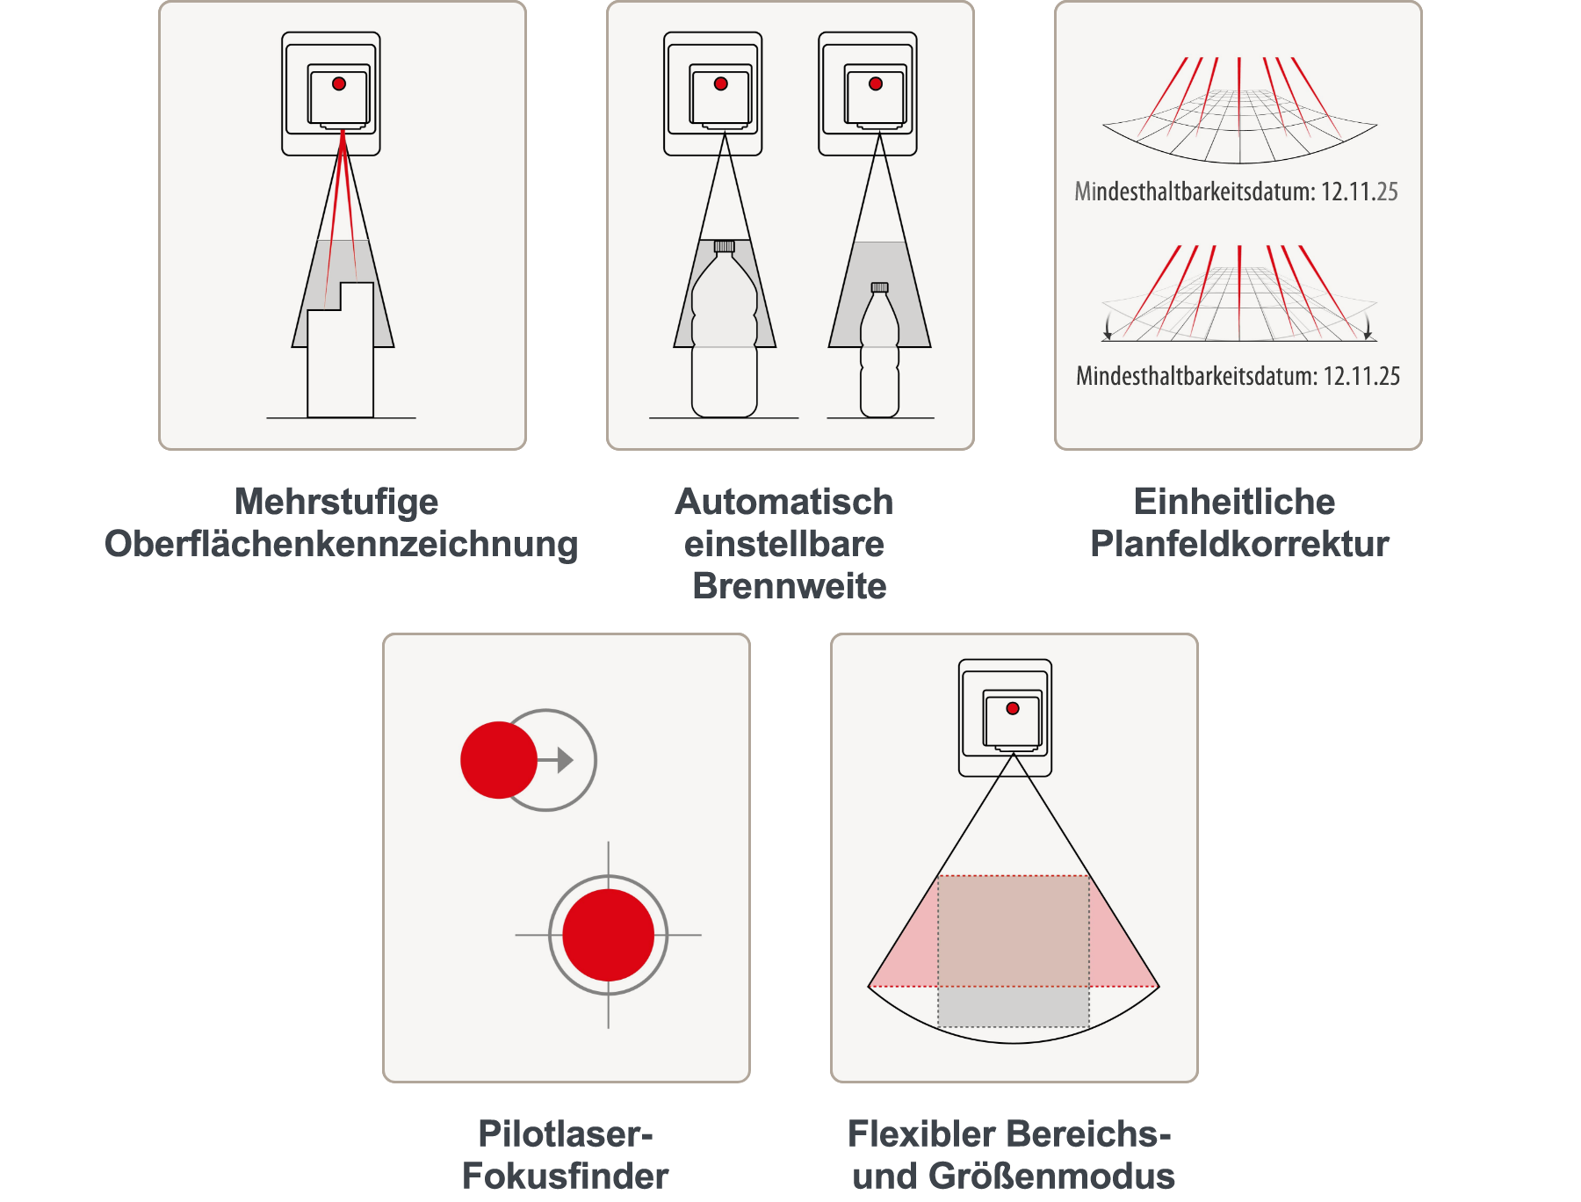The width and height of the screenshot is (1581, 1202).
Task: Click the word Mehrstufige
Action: pos(336,503)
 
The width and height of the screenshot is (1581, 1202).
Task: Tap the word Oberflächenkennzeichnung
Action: pos(342,544)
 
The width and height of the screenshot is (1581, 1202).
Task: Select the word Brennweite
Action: pos(790,586)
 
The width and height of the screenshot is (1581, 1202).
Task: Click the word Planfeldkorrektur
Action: pos(1239,544)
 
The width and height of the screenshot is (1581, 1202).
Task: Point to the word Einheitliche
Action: pos(1234,502)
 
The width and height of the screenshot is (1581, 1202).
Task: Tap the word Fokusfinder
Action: pos(566,1176)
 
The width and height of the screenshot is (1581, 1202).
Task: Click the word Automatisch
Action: pos(784,502)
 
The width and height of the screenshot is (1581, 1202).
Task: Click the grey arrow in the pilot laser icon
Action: pos(558,760)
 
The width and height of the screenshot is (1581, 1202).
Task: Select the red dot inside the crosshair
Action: pos(609,935)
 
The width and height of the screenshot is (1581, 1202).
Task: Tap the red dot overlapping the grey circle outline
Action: pos(499,760)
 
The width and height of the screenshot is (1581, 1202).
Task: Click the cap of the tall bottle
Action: pos(725,246)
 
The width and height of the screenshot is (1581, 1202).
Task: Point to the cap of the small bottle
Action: pos(880,287)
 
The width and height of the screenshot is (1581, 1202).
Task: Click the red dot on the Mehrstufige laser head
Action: pos(339,84)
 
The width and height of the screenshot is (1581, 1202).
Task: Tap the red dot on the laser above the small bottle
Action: pos(876,84)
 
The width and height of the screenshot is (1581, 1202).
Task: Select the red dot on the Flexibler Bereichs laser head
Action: pos(1013,708)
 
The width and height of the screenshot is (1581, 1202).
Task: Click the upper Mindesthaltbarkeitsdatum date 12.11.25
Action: pos(1360,192)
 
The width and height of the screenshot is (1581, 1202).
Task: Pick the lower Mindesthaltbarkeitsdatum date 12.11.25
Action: pos(1361,376)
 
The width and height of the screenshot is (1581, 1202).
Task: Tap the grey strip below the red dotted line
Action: pos(1014,1007)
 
